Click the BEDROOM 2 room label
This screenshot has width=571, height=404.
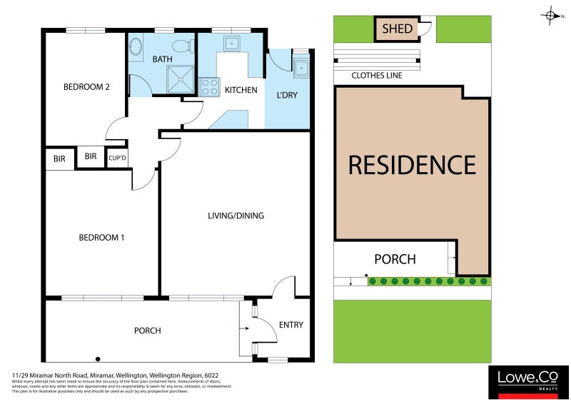point(86,87)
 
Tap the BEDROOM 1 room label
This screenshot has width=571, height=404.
point(101,237)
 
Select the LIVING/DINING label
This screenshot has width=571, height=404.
point(231,215)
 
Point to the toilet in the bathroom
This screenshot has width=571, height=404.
point(183,47)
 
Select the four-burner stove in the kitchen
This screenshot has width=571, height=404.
point(208,86)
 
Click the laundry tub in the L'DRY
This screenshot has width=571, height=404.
point(301,69)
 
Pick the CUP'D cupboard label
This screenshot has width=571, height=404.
point(117,158)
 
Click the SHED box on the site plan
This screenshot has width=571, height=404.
point(398,29)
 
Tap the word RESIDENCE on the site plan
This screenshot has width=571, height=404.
point(412,165)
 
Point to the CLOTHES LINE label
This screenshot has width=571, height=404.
point(376,75)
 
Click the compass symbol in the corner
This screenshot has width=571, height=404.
point(551,15)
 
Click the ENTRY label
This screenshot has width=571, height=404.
point(290,325)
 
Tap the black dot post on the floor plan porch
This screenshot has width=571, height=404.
point(98,358)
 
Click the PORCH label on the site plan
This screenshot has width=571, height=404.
point(395,259)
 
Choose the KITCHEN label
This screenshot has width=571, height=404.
point(241,91)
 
